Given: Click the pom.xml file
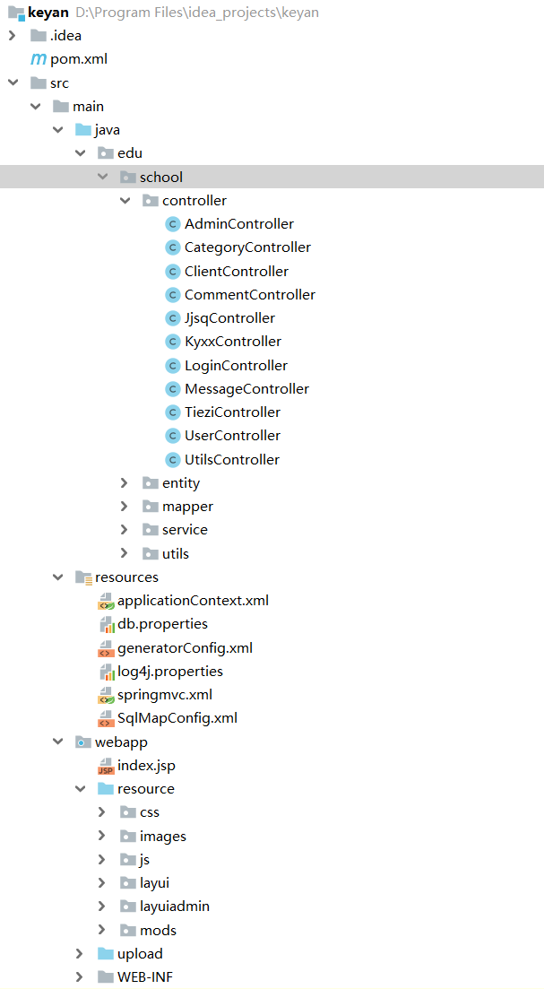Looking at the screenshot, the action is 79,59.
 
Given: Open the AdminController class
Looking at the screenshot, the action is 238,224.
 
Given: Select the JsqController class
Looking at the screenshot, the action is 229,318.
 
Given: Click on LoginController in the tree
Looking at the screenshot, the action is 236,366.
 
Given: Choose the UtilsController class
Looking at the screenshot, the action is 232,460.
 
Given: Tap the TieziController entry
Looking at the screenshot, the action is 232,412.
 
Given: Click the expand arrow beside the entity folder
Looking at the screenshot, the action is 125,483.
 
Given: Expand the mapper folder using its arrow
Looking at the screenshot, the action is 125,507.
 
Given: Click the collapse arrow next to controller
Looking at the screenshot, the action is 125,201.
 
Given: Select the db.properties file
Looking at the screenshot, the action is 162,624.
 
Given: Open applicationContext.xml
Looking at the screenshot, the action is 193,601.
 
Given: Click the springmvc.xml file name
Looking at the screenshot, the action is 165,695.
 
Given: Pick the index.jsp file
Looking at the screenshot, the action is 146,766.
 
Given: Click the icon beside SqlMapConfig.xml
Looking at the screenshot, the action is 106,718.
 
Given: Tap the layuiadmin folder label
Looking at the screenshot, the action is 175,907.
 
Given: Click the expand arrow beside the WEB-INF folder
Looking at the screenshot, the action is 80,976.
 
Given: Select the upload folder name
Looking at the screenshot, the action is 140,954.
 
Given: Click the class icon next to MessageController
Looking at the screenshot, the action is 172,389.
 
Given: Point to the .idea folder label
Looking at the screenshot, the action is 65,36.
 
